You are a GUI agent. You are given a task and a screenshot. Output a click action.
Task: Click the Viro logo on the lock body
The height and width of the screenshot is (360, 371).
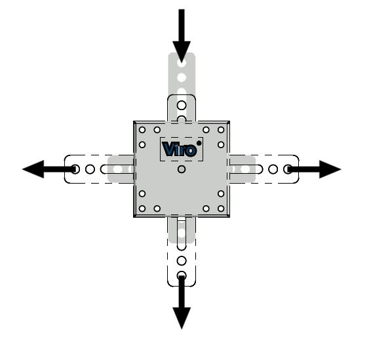pos(180,150)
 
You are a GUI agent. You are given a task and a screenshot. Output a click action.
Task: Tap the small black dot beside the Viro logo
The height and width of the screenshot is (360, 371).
pos(199,143)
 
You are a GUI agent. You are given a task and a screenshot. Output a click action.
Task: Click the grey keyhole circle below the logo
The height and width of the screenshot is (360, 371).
pos(182,169)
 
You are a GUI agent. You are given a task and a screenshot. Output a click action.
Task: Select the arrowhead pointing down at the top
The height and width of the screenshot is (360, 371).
pos(182,52)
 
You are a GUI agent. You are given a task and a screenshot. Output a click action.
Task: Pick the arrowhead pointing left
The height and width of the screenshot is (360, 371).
pos(33,169)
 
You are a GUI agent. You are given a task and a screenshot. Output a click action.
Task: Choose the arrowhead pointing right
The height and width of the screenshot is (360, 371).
pos(330,169)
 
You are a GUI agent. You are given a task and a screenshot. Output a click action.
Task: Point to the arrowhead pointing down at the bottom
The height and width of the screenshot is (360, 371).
pos(182,318)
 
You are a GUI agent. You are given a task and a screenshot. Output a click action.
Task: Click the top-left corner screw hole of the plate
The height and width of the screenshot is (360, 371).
pos(142,130)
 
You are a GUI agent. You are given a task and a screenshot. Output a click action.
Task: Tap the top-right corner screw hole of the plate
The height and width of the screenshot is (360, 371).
pos(221,130)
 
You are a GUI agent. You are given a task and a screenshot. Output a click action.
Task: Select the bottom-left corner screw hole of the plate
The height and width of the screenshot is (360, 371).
pos(142,209)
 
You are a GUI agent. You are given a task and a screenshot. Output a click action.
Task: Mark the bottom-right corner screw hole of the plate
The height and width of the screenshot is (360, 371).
pos(221,209)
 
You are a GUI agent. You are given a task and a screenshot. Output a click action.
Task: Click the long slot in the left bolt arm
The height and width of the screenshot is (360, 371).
pos(117,169)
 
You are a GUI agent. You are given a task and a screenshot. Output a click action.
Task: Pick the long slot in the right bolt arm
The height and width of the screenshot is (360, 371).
pos(246,169)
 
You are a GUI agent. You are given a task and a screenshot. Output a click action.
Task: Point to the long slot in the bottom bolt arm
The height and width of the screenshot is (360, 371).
pos(182,233)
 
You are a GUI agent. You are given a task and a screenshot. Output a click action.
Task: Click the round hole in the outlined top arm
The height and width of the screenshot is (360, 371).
pos(182,105)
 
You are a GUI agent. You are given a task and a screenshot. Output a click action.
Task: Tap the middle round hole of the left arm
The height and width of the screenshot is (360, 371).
pos(90,169)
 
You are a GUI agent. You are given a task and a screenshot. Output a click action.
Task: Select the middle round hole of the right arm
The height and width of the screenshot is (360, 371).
pos(273,169)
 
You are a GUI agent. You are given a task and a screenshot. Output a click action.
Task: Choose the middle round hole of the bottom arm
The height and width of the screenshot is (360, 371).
pos(182,261)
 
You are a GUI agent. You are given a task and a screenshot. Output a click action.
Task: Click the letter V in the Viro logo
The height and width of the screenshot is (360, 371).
pos(168,149)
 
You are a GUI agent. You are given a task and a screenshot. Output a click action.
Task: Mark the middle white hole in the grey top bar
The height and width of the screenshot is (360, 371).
pos(182,77)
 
